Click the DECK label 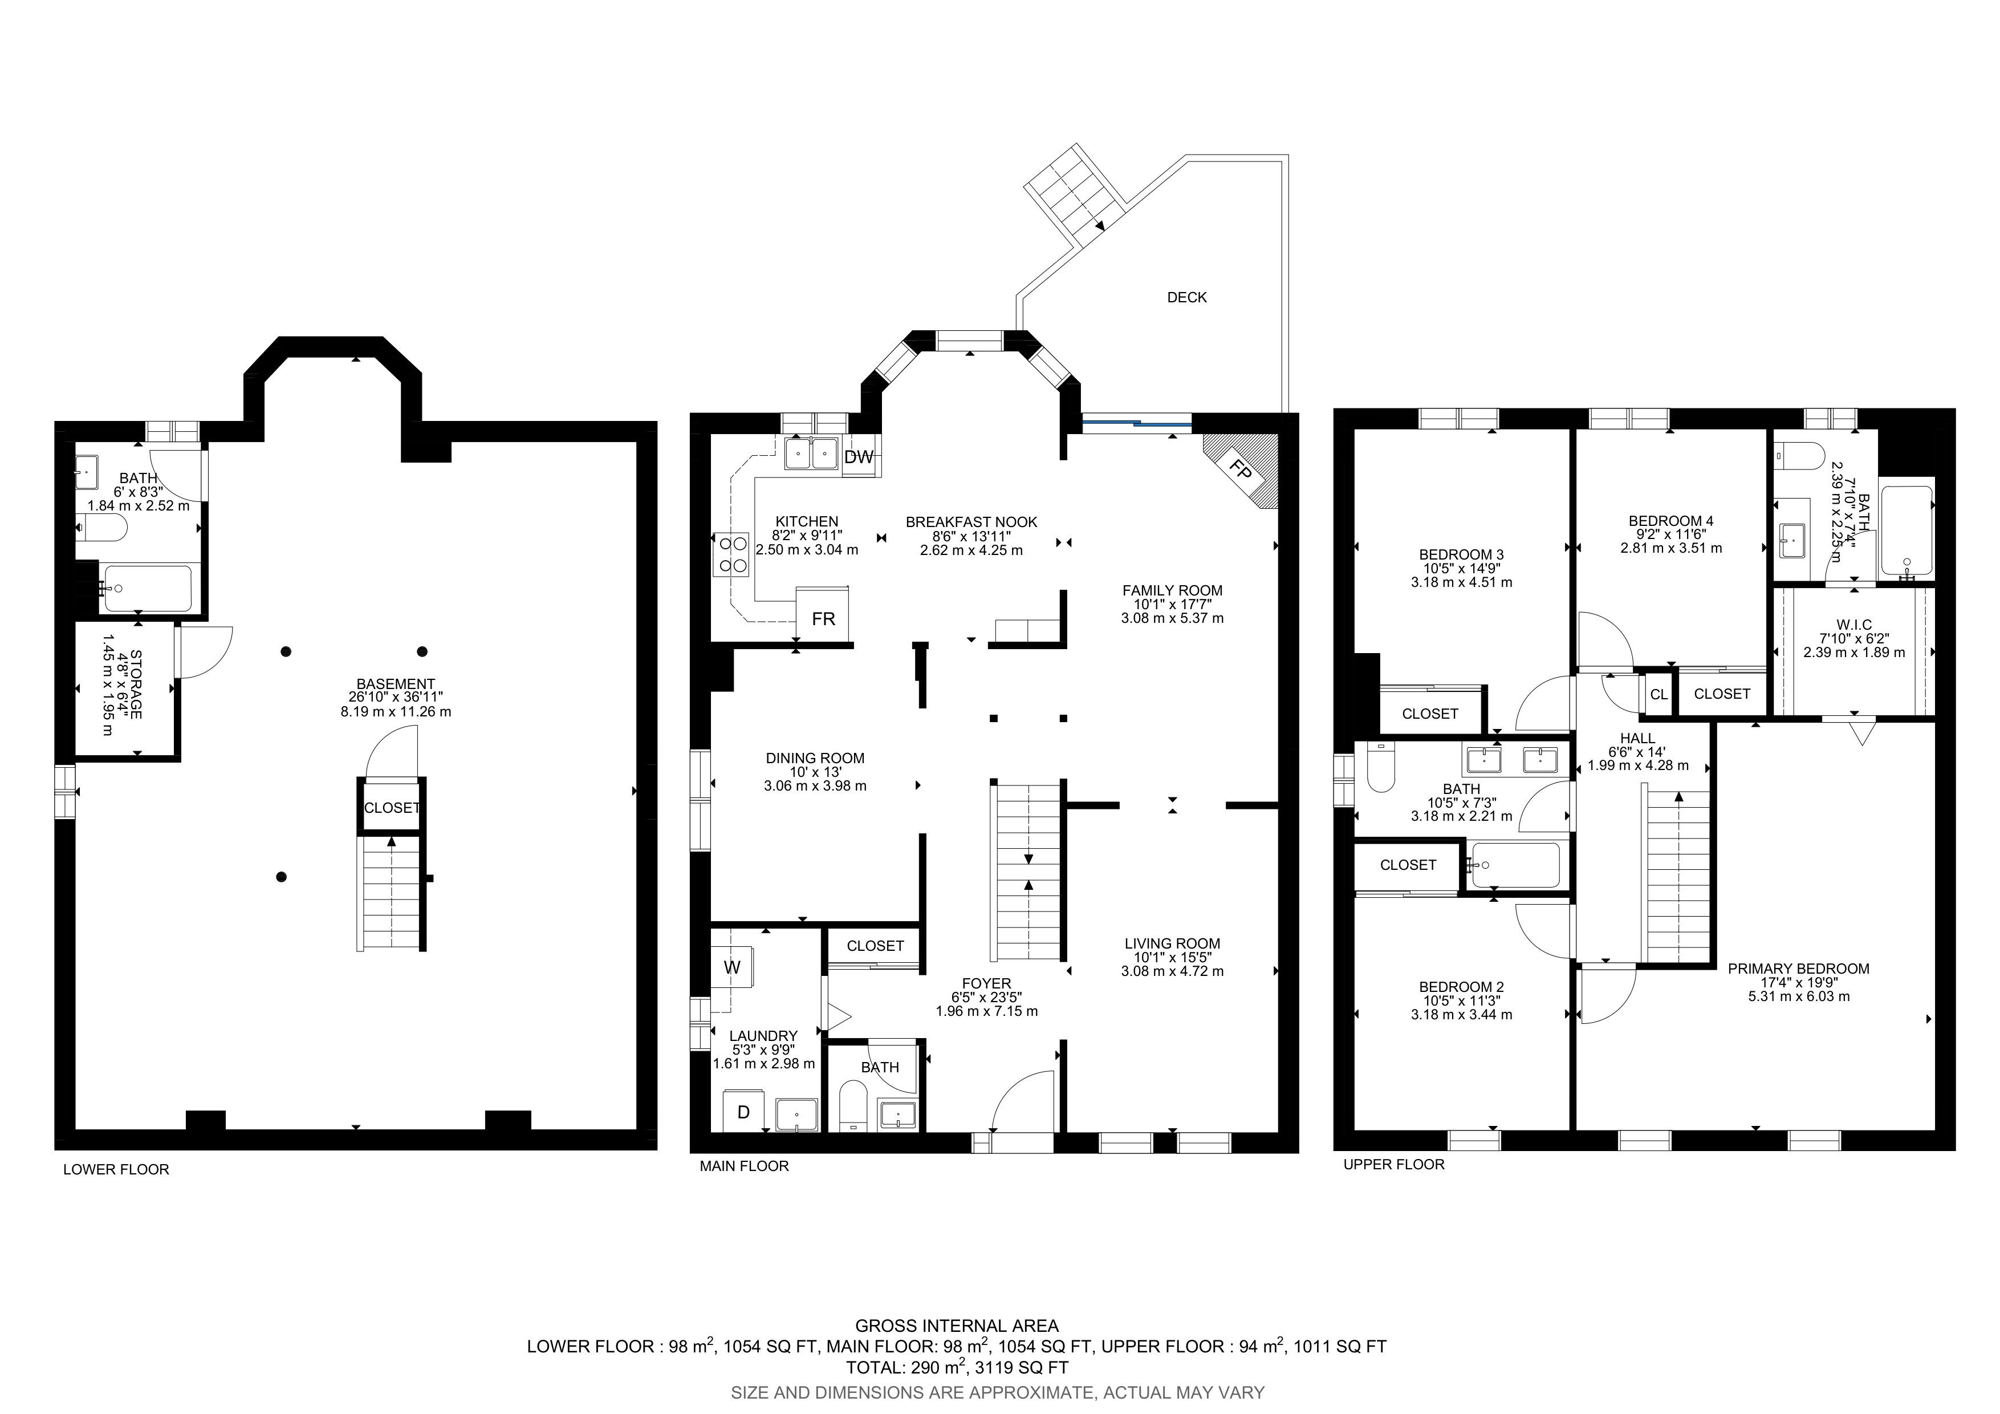tap(1186, 297)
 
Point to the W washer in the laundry tap(731, 967)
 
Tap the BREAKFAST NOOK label tap(971, 522)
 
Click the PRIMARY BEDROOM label tap(1799, 968)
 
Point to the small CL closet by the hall tap(1658, 694)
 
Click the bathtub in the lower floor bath tap(147, 589)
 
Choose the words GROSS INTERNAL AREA tap(957, 1326)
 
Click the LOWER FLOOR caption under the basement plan tap(116, 1169)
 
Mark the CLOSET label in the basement tap(392, 808)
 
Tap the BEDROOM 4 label tap(1670, 521)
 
